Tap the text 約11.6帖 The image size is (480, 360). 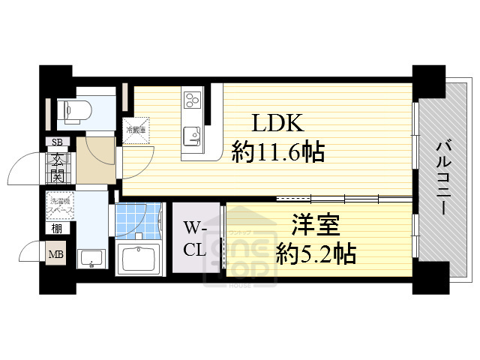pyautogui.click(x=278, y=153)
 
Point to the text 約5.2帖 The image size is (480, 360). pyautogui.click(x=316, y=252)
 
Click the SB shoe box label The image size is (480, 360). pyautogui.click(x=57, y=142)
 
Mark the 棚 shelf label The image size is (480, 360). pyautogui.click(x=57, y=229)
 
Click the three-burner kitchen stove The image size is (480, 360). pyautogui.click(x=192, y=98)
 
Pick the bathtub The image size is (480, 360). pyautogui.click(x=139, y=259)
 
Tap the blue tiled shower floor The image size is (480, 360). pyautogui.click(x=138, y=218)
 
